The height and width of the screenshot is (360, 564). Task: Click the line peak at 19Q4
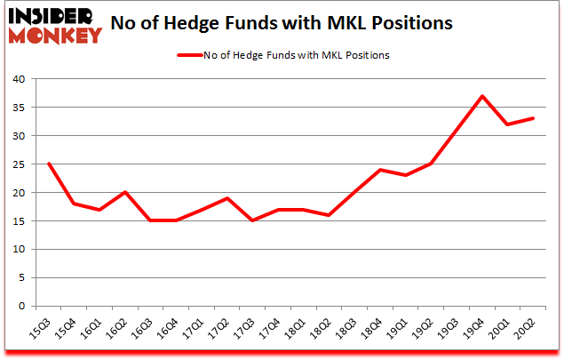coord(482,96)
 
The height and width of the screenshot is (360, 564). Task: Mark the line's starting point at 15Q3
coord(48,164)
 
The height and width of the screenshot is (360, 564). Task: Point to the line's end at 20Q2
coord(533,118)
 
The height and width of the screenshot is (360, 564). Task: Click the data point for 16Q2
coord(125,192)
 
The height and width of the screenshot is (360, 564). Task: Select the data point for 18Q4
coord(380,170)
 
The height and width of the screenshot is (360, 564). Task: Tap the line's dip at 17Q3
coord(253,220)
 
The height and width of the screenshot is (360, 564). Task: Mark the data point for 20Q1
coord(507,124)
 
